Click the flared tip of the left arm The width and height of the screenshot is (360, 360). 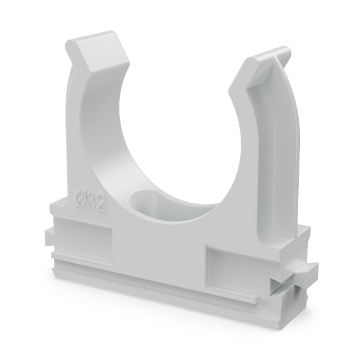pyautogui.click(x=98, y=52)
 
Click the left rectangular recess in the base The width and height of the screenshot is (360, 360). pyautogui.click(x=83, y=239)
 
